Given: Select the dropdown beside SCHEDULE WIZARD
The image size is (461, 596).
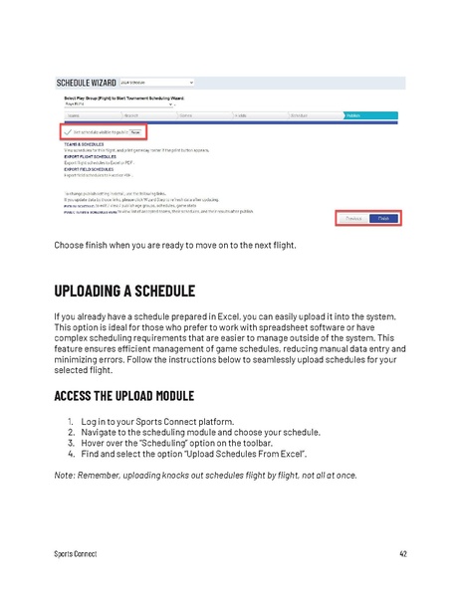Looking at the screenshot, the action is (155, 82).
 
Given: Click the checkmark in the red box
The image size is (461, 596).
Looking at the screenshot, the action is (68, 131).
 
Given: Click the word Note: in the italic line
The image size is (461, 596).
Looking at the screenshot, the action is (66, 474).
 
